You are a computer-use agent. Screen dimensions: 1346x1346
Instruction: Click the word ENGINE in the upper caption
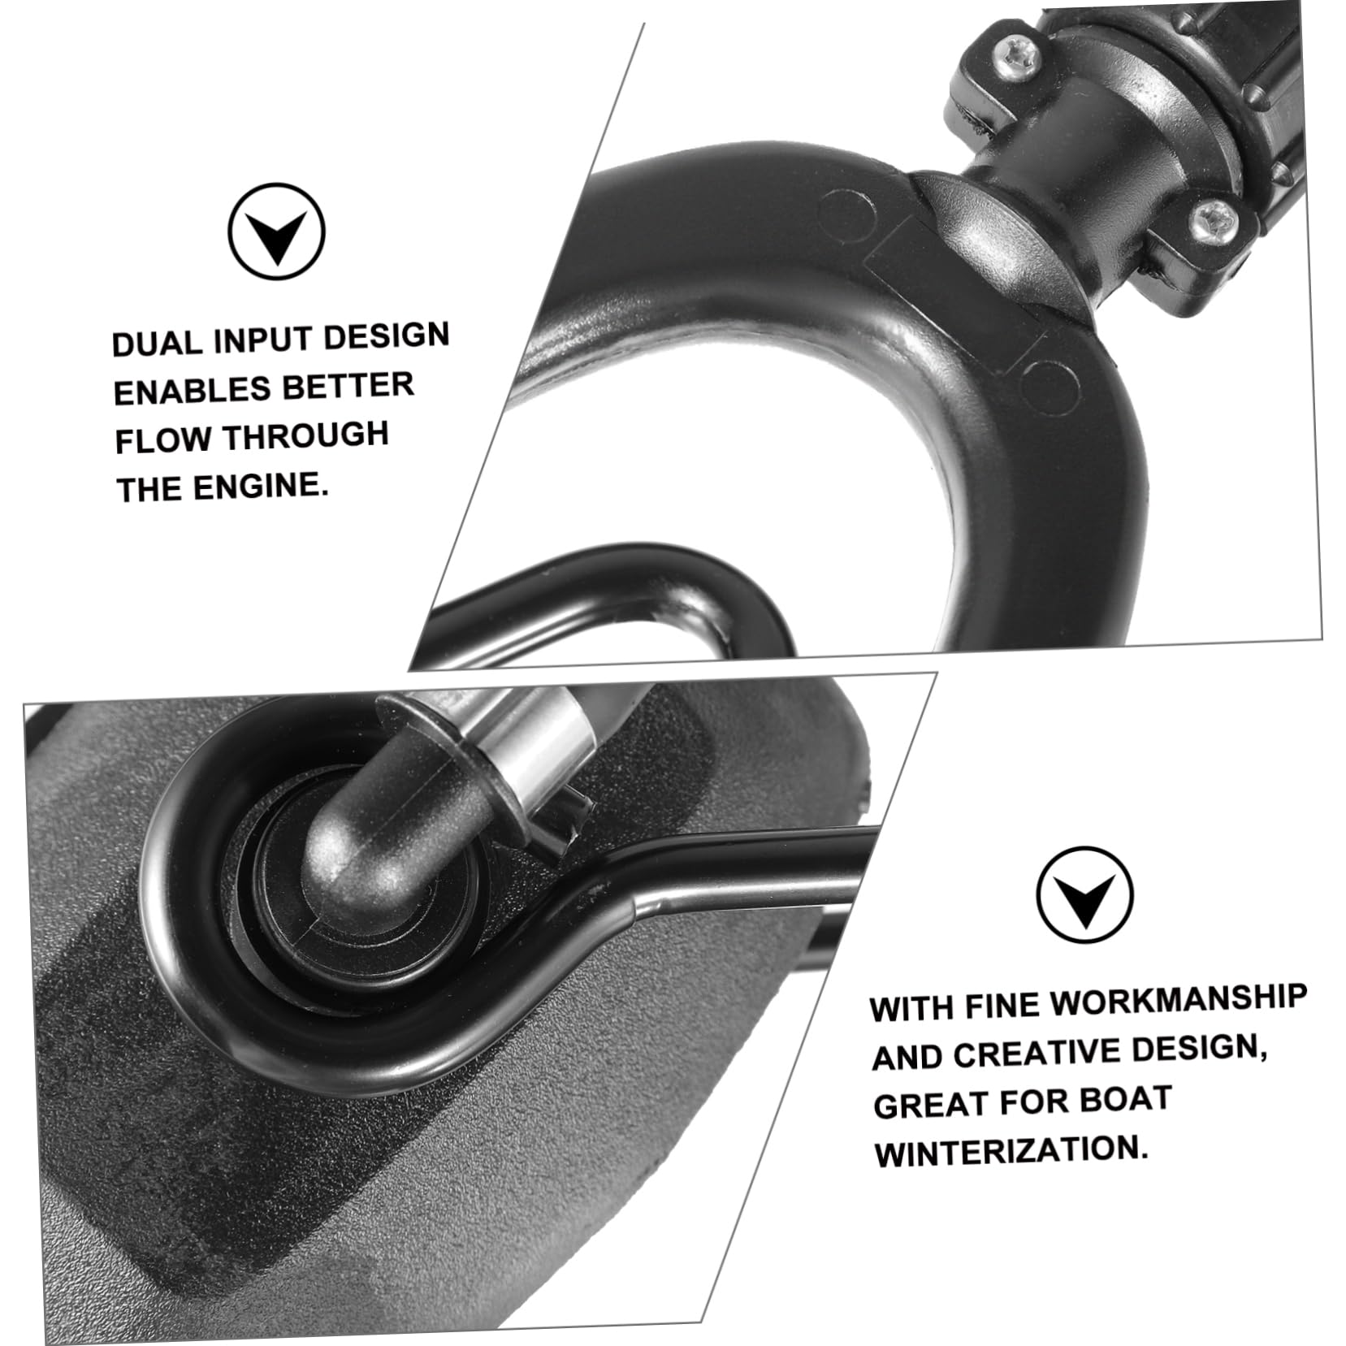(x=261, y=487)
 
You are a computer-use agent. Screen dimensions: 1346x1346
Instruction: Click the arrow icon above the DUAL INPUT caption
(x=276, y=232)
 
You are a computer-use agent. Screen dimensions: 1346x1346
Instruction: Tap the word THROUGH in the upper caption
(x=306, y=436)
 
